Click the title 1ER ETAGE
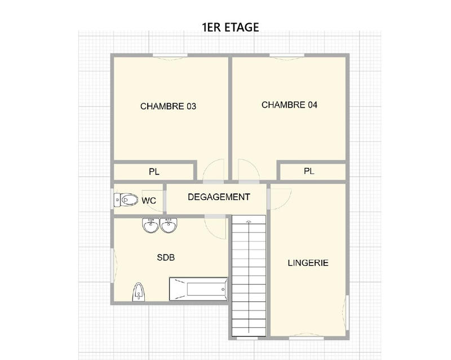point(230,28)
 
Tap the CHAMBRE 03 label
point(168,106)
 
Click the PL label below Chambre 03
point(154,172)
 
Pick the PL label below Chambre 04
point(308,171)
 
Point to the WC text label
point(149,200)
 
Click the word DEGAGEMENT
point(218,197)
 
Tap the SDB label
point(166,257)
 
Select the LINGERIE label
point(308,263)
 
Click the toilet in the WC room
point(126,199)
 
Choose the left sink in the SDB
point(151,225)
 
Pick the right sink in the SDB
point(169,225)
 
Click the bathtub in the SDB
point(198,289)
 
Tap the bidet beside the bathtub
point(139,292)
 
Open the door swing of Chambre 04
point(247,171)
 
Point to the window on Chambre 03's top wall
point(168,55)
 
